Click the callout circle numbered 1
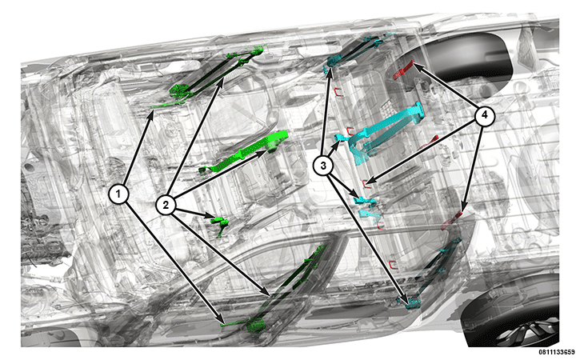pos(118,194)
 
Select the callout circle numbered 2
pos(166,205)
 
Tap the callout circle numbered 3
pos(323,166)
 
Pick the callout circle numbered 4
pos(484,116)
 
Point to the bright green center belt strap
pos(244,153)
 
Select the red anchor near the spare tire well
pos(403,70)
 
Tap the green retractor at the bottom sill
pos(256,326)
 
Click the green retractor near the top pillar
pos(180,91)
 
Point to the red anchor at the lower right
pos(452,219)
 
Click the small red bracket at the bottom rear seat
pos(394,264)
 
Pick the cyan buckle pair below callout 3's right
pos(366,207)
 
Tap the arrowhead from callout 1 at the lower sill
pos(220,320)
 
